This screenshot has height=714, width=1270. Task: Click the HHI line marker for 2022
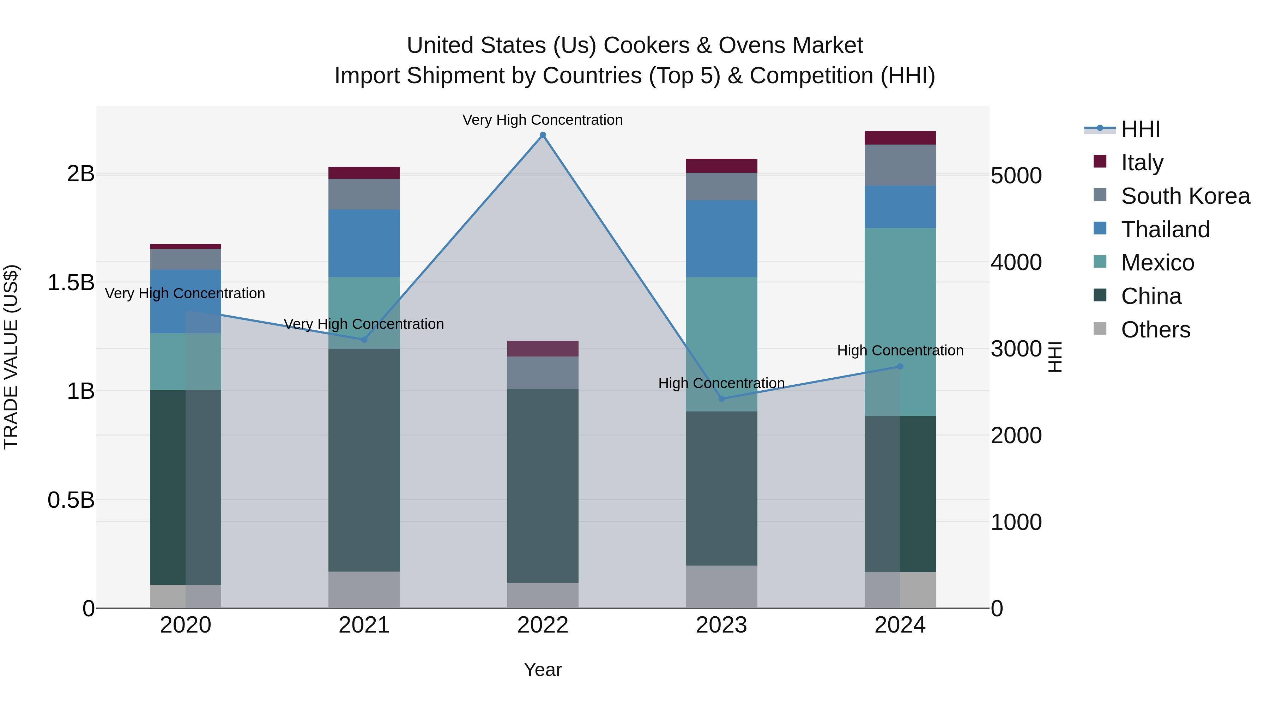tap(543, 135)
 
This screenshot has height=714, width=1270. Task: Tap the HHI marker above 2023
tap(721, 399)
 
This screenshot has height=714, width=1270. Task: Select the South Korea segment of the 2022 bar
tap(543, 373)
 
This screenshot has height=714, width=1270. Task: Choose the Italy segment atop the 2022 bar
tap(543, 348)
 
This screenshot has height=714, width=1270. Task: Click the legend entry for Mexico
tap(1157, 263)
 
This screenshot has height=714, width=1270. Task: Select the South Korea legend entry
tap(1185, 196)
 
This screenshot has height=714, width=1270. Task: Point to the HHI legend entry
tap(1140, 129)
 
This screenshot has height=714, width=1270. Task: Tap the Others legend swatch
tap(1100, 329)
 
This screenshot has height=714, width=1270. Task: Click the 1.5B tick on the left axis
tap(71, 283)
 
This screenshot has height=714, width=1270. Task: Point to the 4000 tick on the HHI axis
tap(1016, 263)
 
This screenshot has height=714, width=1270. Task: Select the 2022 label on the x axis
tap(543, 625)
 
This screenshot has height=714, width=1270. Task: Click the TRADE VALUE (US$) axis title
tap(11, 357)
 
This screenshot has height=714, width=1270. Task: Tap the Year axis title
tap(543, 670)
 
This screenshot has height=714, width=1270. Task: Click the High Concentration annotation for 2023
tap(721, 383)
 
